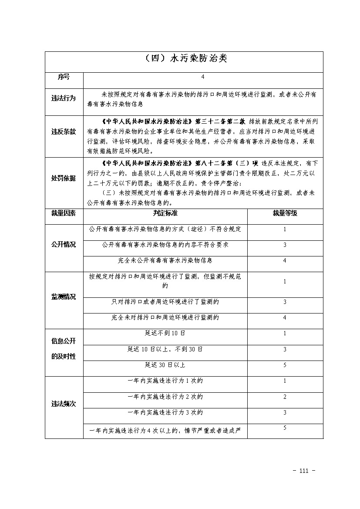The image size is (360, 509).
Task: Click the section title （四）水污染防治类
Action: [185, 58]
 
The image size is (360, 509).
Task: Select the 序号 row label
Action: [64, 77]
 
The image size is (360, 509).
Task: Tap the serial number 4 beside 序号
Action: [203, 77]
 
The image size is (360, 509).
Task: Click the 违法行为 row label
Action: [64, 98]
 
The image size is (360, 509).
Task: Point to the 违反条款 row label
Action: [64, 131]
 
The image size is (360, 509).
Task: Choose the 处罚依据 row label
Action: [64, 179]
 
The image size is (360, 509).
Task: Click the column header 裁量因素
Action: [64, 213]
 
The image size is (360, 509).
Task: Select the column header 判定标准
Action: [165, 213]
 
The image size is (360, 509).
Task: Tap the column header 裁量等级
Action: [285, 213]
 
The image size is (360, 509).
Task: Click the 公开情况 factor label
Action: [64, 245]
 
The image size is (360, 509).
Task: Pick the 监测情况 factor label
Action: [64, 297]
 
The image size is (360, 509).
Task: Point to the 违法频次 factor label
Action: [64, 404]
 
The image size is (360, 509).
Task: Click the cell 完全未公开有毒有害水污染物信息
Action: [165, 260]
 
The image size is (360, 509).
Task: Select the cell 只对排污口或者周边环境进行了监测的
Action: [165, 302]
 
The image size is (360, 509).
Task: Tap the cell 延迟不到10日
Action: [165, 334]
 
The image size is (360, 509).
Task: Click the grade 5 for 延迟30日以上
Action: [285, 365]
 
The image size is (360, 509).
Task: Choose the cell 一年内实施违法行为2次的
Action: [165, 397]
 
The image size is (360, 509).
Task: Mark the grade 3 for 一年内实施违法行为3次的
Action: [285, 412]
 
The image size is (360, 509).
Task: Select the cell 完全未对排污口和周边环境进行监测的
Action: [165, 317]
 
